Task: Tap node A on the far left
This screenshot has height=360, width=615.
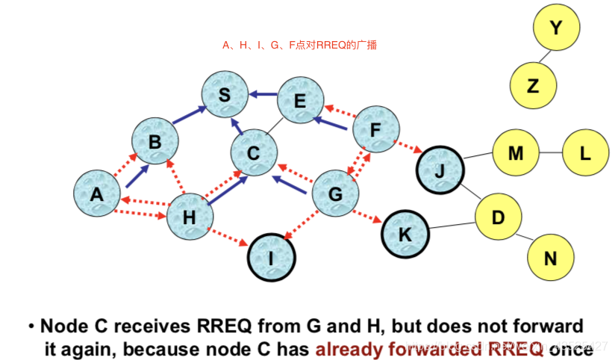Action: pyautogui.click(x=98, y=195)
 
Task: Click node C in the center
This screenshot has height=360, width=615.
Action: pyautogui.click(x=254, y=154)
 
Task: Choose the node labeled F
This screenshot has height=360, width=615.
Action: pyautogui.click(x=375, y=131)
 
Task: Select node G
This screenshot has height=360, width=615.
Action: pyautogui.click(x=334, y=193)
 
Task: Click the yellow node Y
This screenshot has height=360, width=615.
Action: pyautogui.click(x=555, y=28)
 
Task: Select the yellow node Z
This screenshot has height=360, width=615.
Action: pyautogui.click(x=533, y=85)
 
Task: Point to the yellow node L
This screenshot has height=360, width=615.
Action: pyautogui.click(x=585, y=153)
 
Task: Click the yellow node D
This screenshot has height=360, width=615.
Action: pyautogui.click(x=499, y=217)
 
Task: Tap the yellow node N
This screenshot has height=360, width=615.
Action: pyautogui.click(x=551, y=258)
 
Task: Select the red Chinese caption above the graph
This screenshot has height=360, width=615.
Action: pyautogui.click(x=299, y=46)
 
